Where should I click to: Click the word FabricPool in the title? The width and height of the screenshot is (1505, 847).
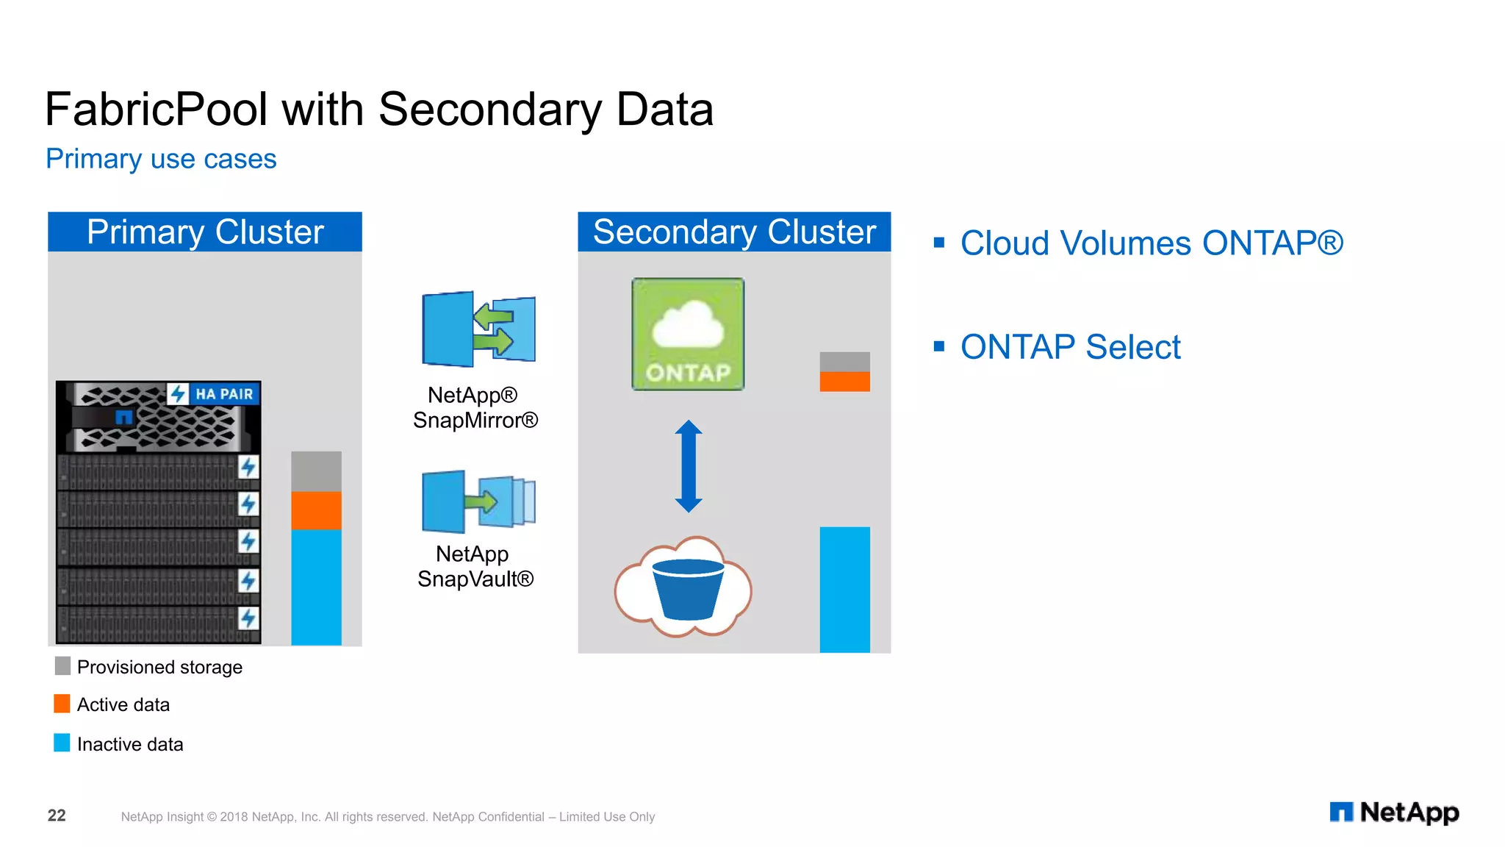click(156, 110)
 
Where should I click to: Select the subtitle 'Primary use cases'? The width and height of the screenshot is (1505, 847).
click(161, 159)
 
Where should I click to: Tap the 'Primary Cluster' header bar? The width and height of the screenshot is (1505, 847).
click(205, 232)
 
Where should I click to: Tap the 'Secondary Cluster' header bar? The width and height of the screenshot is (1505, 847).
click(734, 232)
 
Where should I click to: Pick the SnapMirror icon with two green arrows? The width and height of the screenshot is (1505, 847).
click(478, 329)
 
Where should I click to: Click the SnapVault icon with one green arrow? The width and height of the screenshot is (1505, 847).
click(478, 501)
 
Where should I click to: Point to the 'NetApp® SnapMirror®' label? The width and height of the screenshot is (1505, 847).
click(475, 407)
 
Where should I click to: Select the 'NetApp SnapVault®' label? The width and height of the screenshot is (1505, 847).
click(475, 566)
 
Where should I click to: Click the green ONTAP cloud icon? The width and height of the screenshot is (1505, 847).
click(688, 334)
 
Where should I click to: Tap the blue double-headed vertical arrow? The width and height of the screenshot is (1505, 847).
click(689, 466)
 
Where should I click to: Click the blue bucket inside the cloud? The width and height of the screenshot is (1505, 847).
click(688, 588)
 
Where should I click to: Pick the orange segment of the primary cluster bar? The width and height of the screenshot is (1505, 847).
click(316, 510)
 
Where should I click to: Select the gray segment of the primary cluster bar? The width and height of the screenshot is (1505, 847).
click(316, 471)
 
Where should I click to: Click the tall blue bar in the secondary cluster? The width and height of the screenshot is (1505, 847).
click(844, 589)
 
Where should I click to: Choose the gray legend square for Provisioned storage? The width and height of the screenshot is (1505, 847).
click(62, 666)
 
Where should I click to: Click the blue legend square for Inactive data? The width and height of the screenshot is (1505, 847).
click(62, 743)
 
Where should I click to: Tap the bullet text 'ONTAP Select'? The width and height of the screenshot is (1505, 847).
click(1070, 347)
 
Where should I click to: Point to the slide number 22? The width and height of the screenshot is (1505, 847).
click(57, 815)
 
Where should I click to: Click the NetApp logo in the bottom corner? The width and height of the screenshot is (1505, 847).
click(1394, 812)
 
